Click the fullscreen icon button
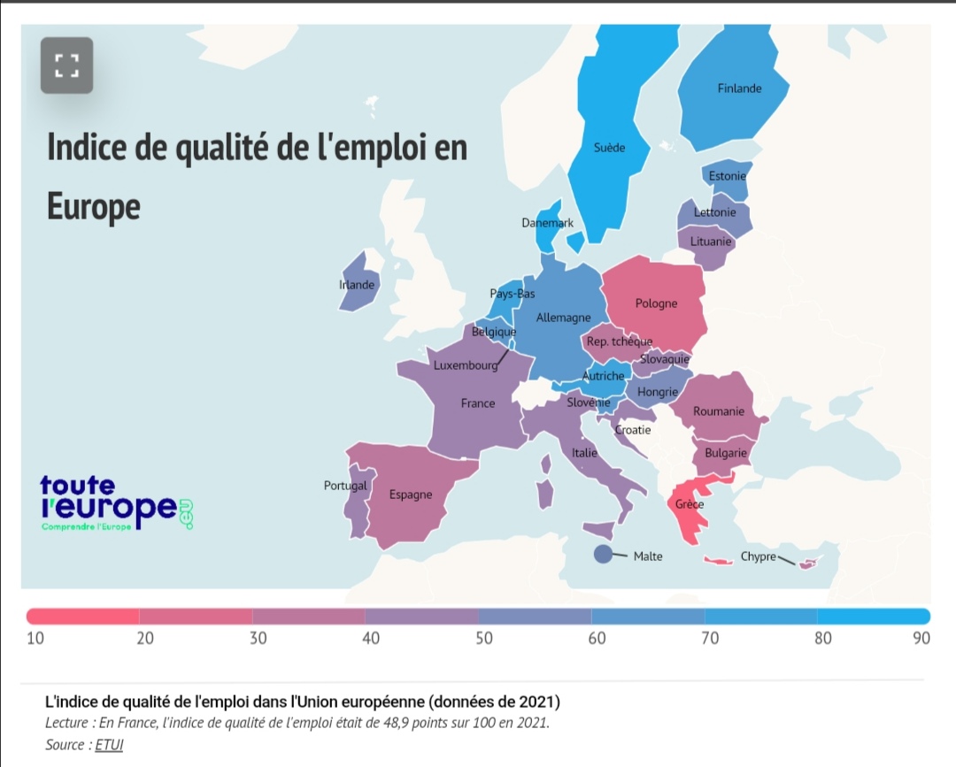point(66,65)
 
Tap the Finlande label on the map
point(739,88)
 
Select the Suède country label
point(609,148)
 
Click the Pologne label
point(656,303)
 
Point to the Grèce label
point(689,504)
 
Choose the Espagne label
point(411,495)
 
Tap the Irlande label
point(357,285)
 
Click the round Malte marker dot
point(603,555)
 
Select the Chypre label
point(758,556)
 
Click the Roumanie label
point(718,411)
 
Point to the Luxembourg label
point(466,365)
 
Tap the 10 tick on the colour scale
point(35,639)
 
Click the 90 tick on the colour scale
point(921,639)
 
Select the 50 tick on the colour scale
point(483,639)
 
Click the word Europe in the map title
point(93,206)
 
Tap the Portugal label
point(345,486)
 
